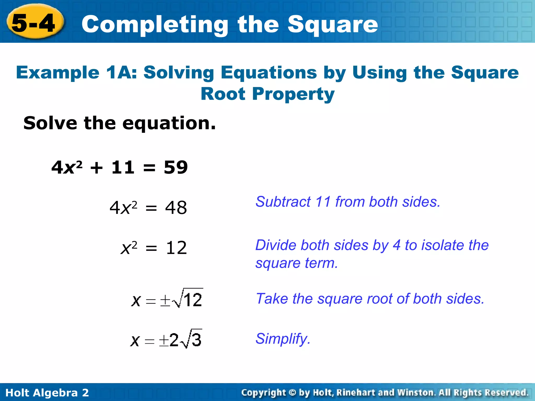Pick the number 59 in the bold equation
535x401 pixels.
(x=176, y=167)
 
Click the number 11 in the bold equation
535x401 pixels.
(x=123, y=167)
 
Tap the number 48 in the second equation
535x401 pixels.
(x=176, y=208)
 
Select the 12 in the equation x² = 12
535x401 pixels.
(x=176, y=248)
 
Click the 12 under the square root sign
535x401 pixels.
(x=193, y=300)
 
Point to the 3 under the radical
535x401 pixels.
(x=196, y=340)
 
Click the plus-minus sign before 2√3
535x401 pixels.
(x=164, y=341)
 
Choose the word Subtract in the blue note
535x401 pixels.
(x=283, y=202)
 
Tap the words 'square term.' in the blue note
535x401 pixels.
(x=296, y=263)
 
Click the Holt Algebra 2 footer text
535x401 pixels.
(x=47, y=393)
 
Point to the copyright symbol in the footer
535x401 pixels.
(x=292, y=393)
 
